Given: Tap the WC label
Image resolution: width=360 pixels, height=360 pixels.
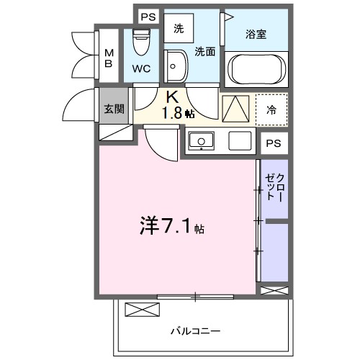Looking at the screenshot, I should (141, 70).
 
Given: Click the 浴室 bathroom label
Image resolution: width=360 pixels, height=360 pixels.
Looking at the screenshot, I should (256, 34).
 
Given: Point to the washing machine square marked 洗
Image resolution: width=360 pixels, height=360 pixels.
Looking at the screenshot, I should (178, 30).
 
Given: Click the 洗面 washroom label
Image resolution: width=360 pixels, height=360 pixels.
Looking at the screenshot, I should (205, 51).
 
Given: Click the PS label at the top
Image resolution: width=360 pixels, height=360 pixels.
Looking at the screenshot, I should (147, 16).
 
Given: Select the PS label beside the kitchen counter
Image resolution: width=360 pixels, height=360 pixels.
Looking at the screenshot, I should (272, 143).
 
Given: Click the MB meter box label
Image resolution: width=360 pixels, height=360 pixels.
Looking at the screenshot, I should (109, 57).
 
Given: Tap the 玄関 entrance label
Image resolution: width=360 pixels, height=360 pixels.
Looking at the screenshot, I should (113, 109).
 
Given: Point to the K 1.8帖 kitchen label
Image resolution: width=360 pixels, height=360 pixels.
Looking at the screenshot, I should (175, 105).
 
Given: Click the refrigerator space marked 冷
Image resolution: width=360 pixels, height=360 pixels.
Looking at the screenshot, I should (271, 109).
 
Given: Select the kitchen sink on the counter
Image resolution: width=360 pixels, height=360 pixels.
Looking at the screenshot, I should (202, 140).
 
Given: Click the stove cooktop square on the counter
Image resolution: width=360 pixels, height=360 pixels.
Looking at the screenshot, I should (238, 140).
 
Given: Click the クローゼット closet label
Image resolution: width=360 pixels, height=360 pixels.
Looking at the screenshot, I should (274, 186).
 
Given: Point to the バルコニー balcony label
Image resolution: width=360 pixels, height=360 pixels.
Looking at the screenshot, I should (195, 331).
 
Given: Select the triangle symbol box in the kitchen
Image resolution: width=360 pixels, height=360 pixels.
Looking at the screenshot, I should (235, 109).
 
